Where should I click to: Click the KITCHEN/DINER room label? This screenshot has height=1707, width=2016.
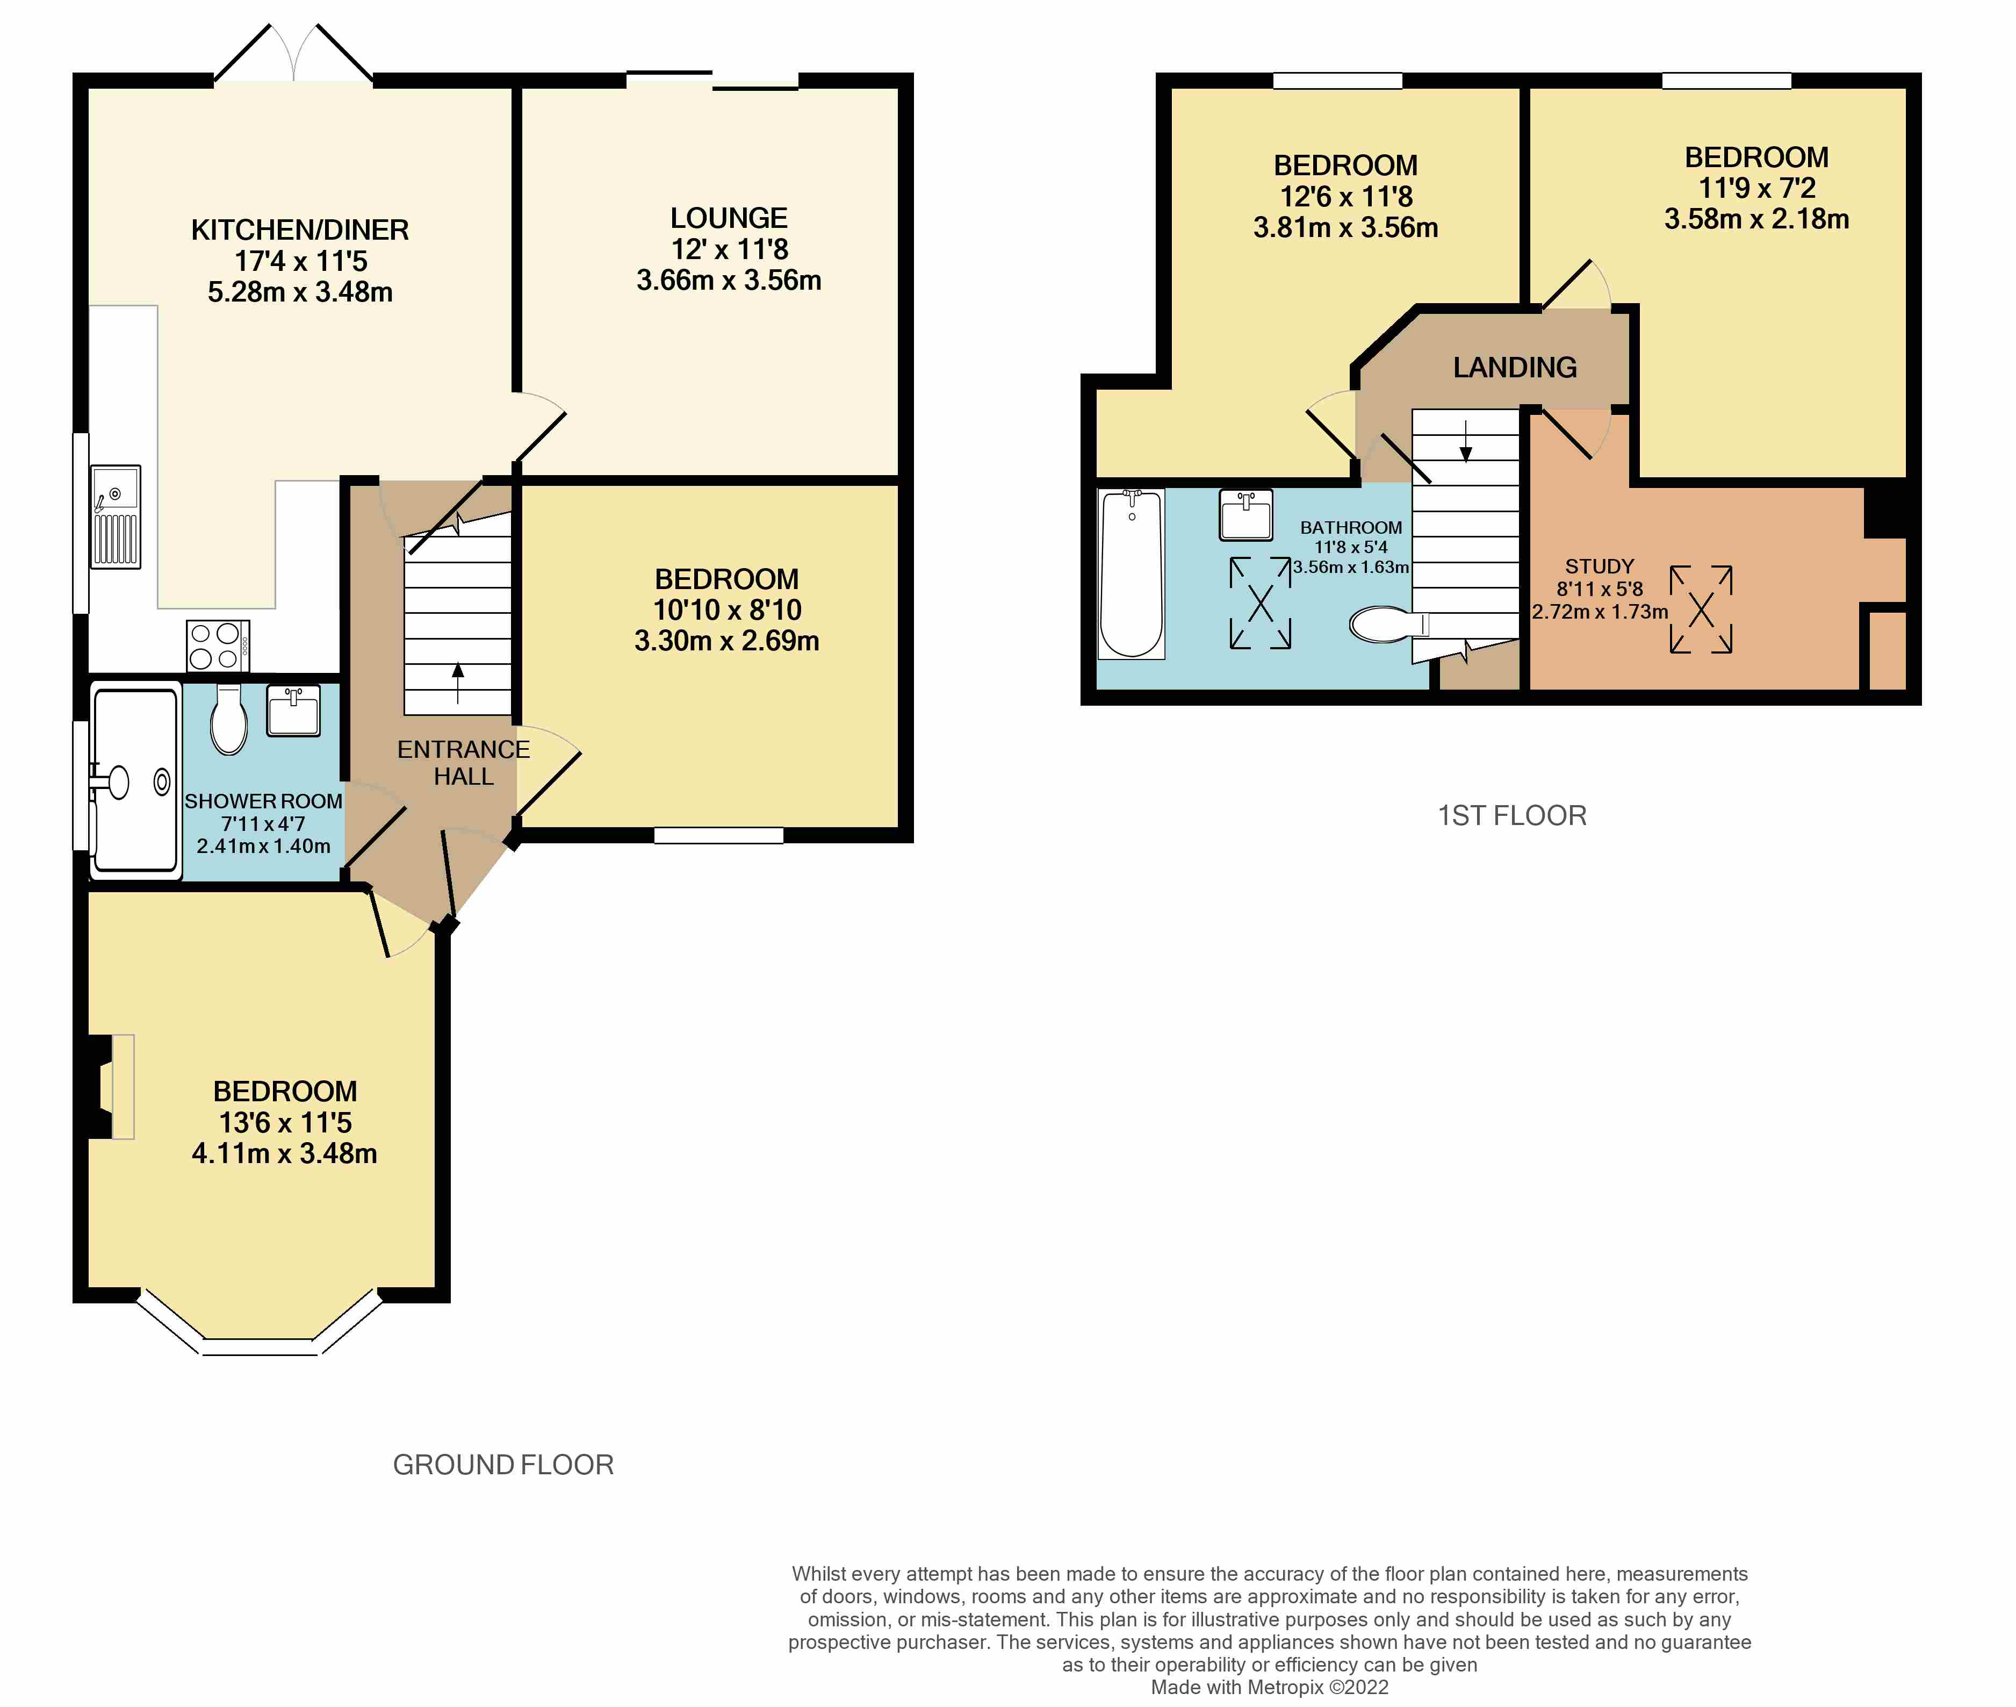(x=300, y=231)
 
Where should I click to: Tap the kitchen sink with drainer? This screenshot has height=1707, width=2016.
(x=116, y=517)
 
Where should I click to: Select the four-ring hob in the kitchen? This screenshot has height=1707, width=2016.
(x=218, y=645)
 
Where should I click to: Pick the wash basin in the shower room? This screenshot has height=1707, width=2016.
(x=293, y=711)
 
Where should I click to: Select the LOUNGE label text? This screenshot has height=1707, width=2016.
(x=729, y=219)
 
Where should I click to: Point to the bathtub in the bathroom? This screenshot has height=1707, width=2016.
(x=1132, y=575)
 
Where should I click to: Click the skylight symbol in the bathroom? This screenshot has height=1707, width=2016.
(x=1261, y=603)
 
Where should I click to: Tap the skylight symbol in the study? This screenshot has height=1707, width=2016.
(x=1701, y=609)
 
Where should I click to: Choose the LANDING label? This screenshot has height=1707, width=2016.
(x=1515, y=368)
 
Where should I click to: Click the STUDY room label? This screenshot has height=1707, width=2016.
(x=1600, y=566)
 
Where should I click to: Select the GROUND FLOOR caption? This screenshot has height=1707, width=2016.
(x=503, y=1465)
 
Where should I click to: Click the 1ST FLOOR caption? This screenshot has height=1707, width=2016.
(x=1512, y=816)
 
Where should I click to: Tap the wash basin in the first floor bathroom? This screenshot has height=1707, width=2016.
(x=1246, y=515)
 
